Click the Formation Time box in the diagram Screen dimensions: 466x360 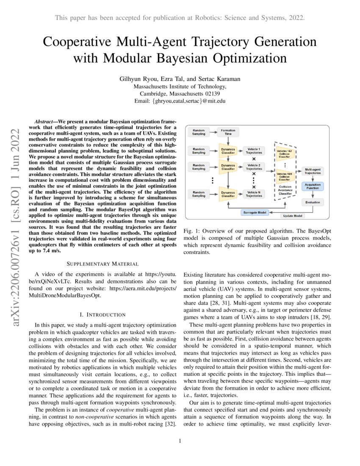pos(228,132)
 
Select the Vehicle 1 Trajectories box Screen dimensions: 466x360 pos(254,151)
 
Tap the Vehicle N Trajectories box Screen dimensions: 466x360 pos(254,194)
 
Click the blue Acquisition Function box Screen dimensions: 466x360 pos(313,187)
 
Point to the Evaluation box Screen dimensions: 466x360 pos(313,202)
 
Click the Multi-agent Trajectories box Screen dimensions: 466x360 pos(313,171)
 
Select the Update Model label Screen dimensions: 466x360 pos(293,216)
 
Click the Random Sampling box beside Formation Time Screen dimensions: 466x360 pos(198,132)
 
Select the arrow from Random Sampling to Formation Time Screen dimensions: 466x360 pos(213,132)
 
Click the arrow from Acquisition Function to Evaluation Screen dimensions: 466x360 pos(313,195)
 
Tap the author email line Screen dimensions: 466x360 pos(180,101)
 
